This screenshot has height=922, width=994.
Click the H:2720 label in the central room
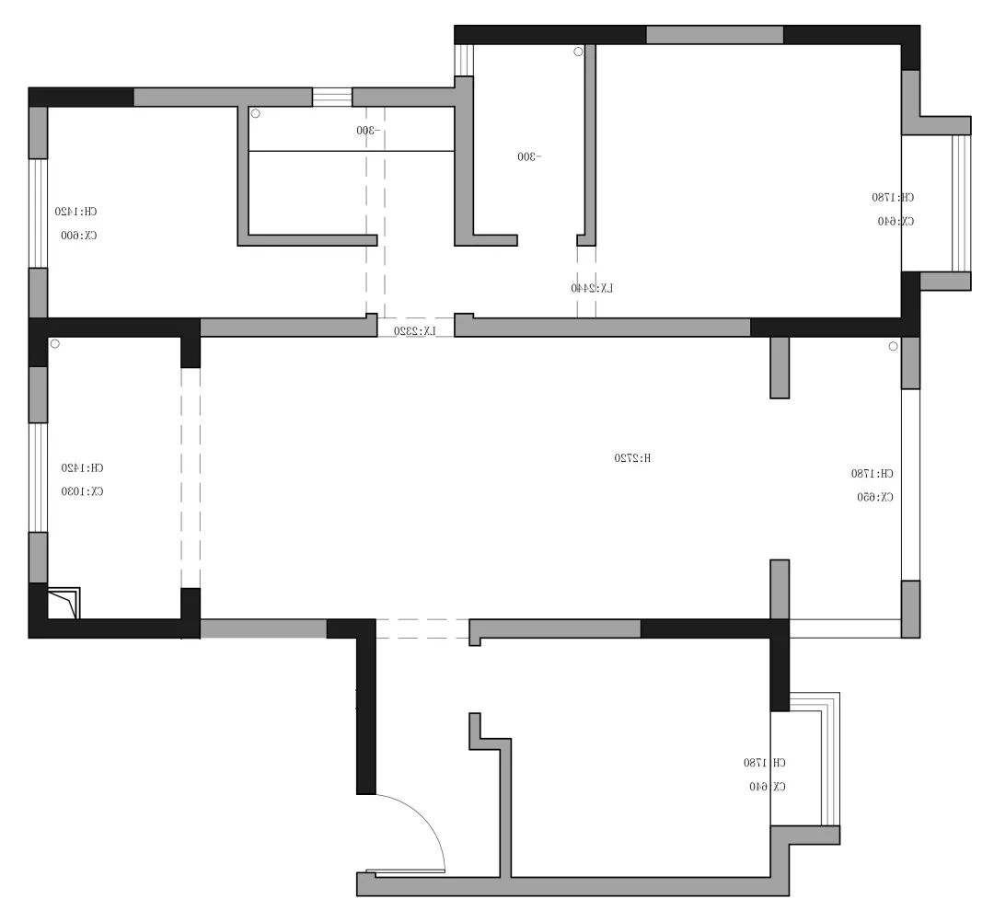pos(632,457)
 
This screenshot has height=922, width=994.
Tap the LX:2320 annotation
pos(415,330)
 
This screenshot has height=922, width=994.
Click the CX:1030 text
pos(82,491)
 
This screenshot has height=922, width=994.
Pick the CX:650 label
pos(875,497)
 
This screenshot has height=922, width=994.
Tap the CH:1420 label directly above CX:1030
pos(82,467)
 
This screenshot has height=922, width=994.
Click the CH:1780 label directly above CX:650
pos(872,473)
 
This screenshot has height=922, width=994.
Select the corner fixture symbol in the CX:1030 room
pos(64,603)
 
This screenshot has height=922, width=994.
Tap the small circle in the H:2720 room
pos(892,347)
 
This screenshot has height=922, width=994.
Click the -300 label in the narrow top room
pos(529,156)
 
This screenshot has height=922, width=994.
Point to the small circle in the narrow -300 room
pos(578,52)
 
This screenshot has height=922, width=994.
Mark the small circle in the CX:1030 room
pos(54,344)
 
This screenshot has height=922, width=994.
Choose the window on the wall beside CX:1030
pos(39,477)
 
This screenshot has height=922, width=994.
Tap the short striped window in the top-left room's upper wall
pos(332,97)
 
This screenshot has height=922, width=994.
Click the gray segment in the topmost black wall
pos(714,35)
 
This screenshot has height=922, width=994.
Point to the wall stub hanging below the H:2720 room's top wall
pos(779,367)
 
